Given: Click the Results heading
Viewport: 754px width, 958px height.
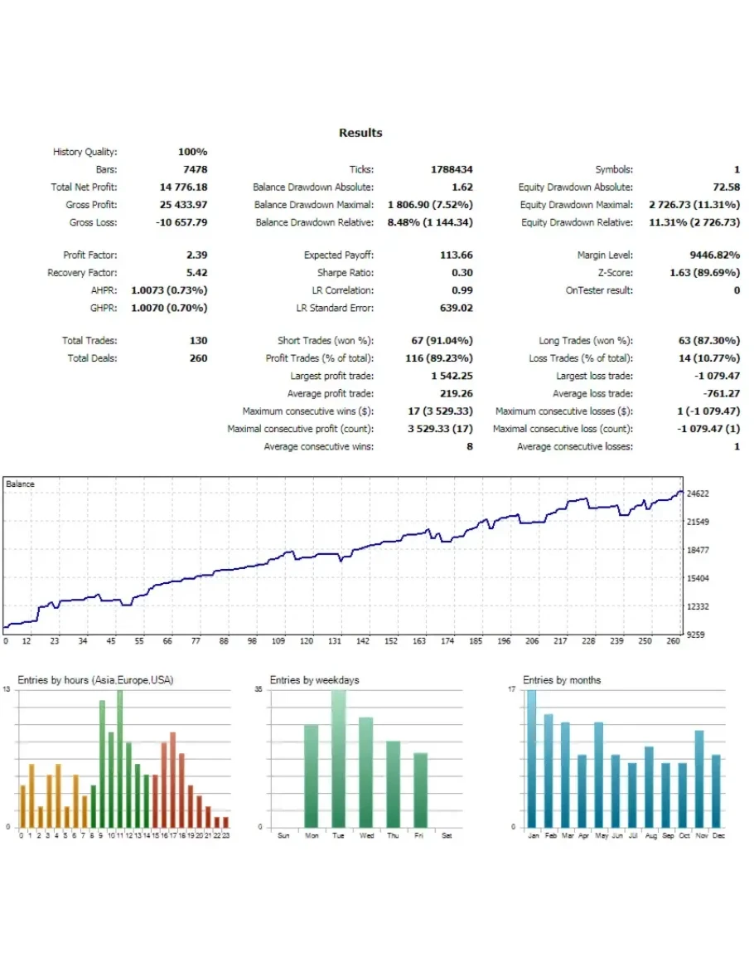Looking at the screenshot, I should (360, 133).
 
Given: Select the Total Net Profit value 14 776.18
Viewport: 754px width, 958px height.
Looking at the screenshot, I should (183, 187).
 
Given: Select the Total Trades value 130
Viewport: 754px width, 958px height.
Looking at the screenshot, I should (198, 341).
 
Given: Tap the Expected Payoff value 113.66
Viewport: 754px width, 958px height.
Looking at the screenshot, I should (456, 255).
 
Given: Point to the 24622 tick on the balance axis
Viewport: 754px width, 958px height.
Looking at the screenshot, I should (698, 494).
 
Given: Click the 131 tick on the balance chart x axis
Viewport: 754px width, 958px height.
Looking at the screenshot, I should (335, 641).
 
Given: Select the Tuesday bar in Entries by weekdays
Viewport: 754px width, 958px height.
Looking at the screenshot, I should (338, 758).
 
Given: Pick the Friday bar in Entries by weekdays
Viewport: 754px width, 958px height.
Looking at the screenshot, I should (420, 790).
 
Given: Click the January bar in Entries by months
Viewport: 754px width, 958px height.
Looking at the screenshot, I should (532, 758).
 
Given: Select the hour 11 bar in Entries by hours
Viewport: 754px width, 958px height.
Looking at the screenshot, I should (119, 758).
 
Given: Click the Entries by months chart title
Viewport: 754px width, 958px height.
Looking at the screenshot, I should (562, 680).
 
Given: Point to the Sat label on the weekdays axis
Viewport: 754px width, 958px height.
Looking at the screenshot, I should (447, 835).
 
